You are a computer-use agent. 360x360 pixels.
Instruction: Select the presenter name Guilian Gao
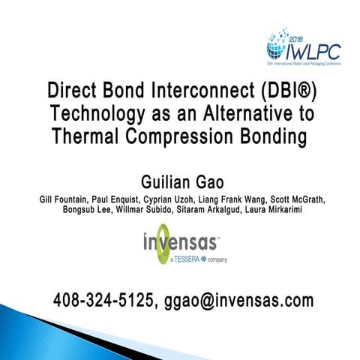point(179,182)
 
